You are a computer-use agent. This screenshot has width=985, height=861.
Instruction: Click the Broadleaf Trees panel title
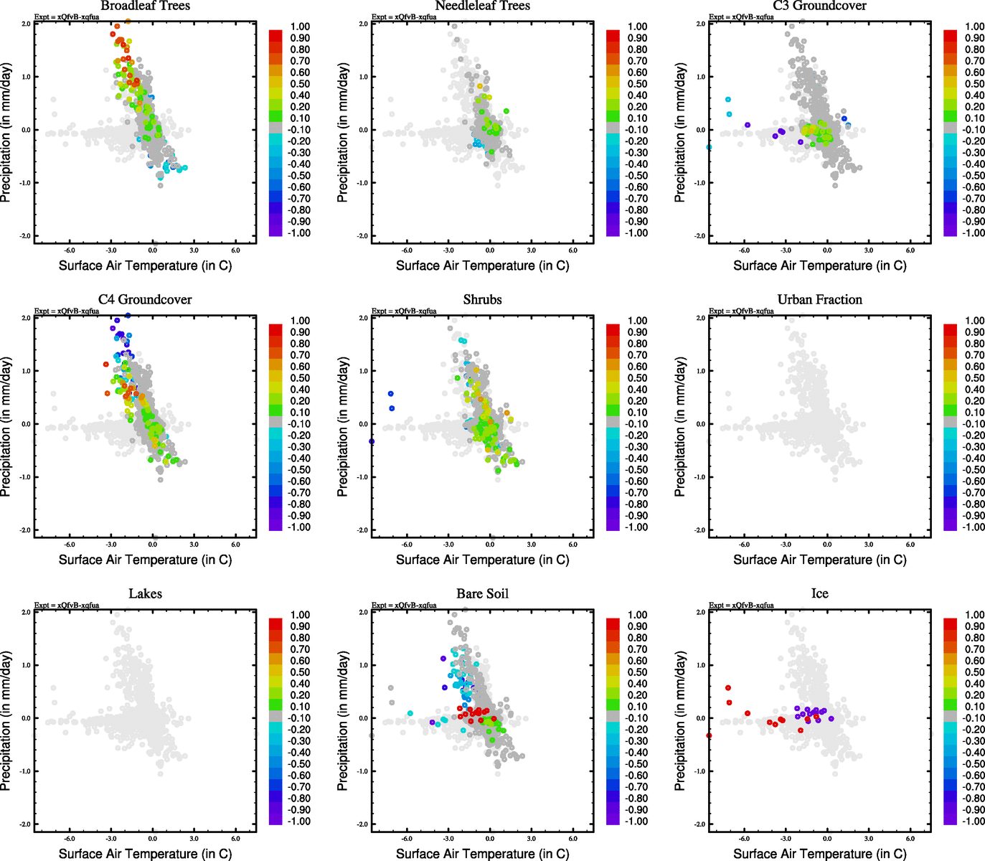145,6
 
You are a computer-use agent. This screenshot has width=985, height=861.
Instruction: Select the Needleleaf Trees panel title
482,6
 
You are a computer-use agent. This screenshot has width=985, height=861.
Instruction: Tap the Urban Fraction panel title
819,300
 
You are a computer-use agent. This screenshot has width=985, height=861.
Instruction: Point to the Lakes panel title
145,594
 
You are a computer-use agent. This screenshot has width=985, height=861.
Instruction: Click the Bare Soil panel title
482,594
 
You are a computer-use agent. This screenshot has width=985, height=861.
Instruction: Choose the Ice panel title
819,594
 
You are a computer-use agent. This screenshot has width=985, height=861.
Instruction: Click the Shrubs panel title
482,300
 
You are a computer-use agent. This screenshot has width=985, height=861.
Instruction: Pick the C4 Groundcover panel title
145,300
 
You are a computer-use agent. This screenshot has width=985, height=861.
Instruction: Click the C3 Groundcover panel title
819,6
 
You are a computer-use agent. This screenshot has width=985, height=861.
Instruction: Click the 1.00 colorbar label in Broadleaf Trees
300,27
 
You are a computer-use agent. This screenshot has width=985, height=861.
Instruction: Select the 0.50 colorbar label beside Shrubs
638,378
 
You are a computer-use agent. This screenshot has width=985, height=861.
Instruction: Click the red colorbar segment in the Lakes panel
275,624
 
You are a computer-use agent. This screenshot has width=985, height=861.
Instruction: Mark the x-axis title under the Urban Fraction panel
819,560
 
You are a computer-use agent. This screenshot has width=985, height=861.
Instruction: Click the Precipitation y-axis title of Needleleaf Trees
343,133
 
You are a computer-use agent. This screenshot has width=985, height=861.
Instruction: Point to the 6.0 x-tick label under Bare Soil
572,838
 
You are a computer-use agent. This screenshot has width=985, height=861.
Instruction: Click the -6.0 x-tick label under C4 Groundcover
70,544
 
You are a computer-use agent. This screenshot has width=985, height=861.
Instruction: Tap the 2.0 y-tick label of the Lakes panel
26,612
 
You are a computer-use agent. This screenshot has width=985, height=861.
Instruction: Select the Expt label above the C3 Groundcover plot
741,17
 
